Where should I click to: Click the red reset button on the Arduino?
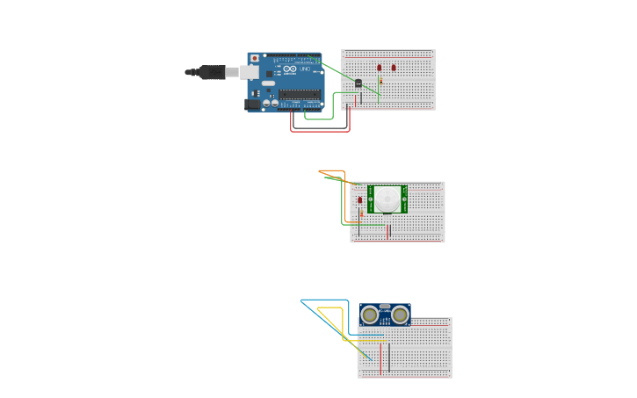coord(255,58)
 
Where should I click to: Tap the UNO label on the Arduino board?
coord(305,69)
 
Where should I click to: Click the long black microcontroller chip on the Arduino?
coord(299,94)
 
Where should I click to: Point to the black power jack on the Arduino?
coord(251,105)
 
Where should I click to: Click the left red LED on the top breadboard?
coord(380,68)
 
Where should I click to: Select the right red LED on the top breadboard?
coord(394,68)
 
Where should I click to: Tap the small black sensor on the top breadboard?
coord(358,83)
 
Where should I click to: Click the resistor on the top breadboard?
coord(380,82)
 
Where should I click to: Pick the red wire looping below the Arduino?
coord(320,131)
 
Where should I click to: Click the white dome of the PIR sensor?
coord(387,199)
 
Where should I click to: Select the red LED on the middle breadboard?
coord(360,200)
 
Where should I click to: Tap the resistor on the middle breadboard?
coord(361,213)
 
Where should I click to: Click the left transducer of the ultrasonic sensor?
coord(371,315)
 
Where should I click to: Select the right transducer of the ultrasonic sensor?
coord(400,315)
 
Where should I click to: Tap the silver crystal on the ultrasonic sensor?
coord(385,307)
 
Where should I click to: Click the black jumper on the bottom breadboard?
coord(389,357)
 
